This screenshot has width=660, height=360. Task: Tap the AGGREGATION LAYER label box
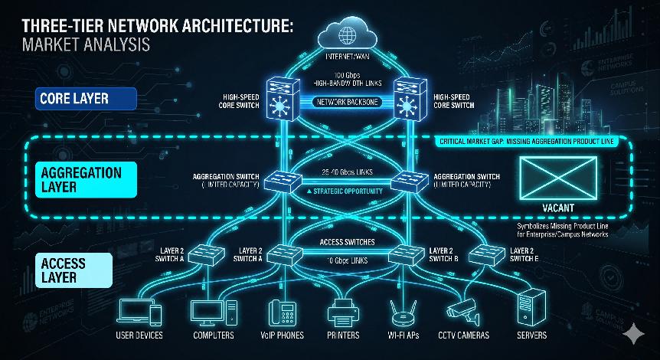pos(80,179)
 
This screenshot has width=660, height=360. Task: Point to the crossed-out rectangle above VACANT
pos(557,177)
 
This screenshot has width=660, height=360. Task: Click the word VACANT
pos(557,208)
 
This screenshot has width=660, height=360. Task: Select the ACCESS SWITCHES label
pos(347,242)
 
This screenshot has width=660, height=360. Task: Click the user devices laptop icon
pos(139,312)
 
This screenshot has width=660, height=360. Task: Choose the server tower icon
pos(531,308)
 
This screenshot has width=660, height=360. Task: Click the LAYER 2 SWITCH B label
pos(444,254)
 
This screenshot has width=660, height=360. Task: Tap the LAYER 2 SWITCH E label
pos(525,254)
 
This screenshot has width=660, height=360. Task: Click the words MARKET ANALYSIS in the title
pos(86,44)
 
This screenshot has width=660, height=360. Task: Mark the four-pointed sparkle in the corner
pos(632,334)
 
